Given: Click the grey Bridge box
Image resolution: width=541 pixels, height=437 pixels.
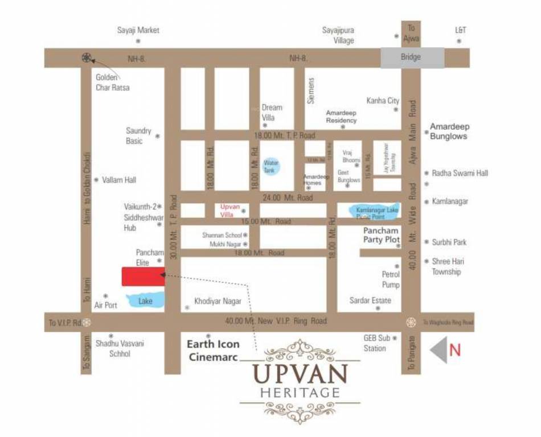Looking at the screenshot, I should pyautogui.click(x=412, y=57).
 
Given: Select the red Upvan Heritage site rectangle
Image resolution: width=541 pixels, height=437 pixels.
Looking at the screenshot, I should pyautogui.click(x=143, y=277).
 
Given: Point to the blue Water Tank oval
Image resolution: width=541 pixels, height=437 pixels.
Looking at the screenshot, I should pyautogui.click(x=271, y=166).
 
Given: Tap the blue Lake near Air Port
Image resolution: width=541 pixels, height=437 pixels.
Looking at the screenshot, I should pyautogui.click(x=146, y=300).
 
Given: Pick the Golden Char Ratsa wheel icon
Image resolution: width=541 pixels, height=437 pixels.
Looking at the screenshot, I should pyautogui.click(x=87, y=57).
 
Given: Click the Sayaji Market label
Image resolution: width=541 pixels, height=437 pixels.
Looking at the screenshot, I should pyautogui.click(x=138, y=30).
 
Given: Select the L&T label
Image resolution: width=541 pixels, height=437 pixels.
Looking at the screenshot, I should pyautogui.click(x=461, y=30).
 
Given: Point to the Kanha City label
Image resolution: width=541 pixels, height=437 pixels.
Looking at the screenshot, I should pyautogui.click(x=383, y=101).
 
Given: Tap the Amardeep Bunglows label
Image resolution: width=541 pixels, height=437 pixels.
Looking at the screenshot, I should pyautogui.click(x=448, y=131).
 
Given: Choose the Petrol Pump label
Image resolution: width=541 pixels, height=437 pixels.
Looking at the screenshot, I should pyautogui.click(x=391, y=279).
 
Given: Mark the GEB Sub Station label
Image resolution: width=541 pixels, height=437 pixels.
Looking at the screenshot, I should pyautogui.click(x=376, y=343).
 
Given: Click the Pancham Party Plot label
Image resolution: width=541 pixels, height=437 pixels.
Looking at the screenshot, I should pyautogui.click(x=382, y=236).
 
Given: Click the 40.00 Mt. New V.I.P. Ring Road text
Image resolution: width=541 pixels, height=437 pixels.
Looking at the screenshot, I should pyautogui.click(x=276, y=321).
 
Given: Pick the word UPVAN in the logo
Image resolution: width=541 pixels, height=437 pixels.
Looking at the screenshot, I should pyautogui.click(x=300, y=375).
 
